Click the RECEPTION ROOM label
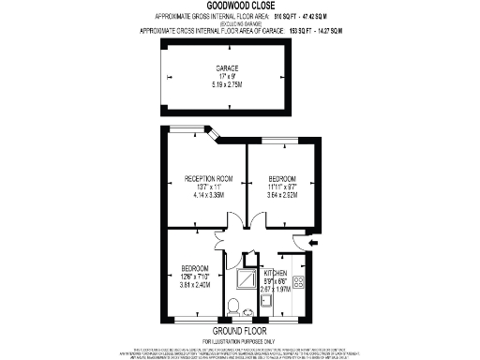(x=207, y=178)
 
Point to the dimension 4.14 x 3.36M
(x=207, y=195)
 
